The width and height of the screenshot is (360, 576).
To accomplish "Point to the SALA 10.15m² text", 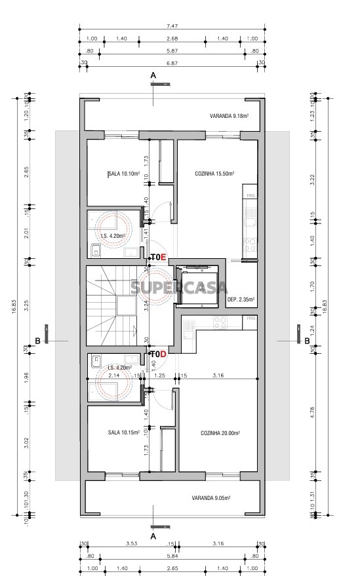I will click(x=124, y=432).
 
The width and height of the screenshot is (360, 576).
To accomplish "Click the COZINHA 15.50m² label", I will click(x=215, y=174).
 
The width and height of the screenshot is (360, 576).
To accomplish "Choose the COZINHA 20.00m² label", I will click(x=220, y=433).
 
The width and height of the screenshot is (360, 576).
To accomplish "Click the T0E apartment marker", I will click(x=159, y=257).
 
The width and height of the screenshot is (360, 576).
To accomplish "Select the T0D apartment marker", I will click(x=159, y=354).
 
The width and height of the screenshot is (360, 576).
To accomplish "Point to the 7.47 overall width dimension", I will click(x=172, y=26).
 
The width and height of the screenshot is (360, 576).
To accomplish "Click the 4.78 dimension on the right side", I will click(x=313, y=413).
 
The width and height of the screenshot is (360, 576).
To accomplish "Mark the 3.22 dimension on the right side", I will click(x=313, y=176).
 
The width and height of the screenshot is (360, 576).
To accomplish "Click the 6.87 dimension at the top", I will click(x=172, y=62).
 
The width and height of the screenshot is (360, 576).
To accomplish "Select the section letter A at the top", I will click(x=153, y=77).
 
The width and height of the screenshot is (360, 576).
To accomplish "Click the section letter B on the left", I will click(x=38, y=341).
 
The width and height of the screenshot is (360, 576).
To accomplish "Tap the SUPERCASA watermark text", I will click(x=180, y=287).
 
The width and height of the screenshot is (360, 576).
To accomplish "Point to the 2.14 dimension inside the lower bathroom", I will click(x=113, y=376).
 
